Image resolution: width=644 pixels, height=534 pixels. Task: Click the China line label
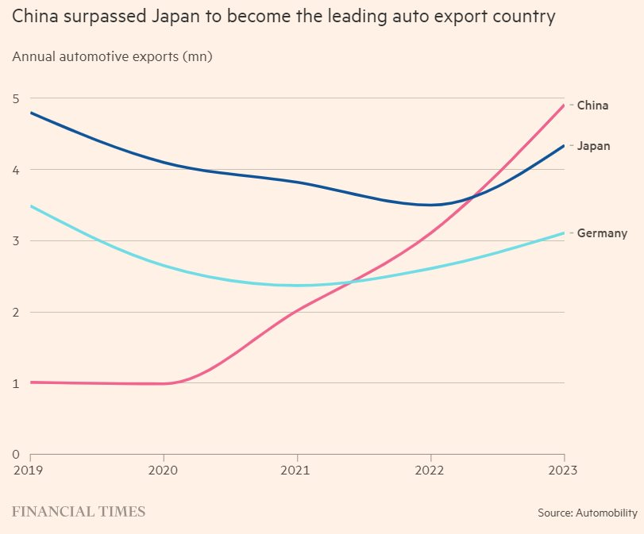click(x=592, y=105)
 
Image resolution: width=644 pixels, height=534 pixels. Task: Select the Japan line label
click(x=593, y=146)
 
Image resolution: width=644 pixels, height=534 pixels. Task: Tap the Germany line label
click(x=602, y=233)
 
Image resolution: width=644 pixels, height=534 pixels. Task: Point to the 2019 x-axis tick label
click(x=30, y=470)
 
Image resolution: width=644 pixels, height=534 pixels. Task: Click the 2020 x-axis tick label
click(x=164, y=470)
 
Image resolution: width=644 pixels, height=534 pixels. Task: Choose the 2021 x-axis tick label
click(x=297, y=470)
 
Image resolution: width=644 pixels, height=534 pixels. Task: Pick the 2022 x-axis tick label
click(x=430, y=470)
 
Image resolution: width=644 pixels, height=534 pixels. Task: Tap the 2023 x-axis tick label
click(x=563, y=470)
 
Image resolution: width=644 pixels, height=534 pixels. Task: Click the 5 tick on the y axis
click(x=15, y=98)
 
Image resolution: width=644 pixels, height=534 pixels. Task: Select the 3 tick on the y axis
click(x=15, y=241)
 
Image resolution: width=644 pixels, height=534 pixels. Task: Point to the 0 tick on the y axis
click(x=15, y=455)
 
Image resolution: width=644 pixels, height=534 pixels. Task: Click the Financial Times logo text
click(x=79, y=512)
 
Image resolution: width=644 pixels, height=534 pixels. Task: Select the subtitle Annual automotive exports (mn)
click(x=112, y=56)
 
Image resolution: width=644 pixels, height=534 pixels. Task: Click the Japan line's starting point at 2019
click(x=30, y=113)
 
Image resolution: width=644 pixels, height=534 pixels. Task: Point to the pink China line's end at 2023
click(x=564, y=105)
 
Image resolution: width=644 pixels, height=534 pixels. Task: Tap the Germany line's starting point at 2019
click(x=30, y=206)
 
